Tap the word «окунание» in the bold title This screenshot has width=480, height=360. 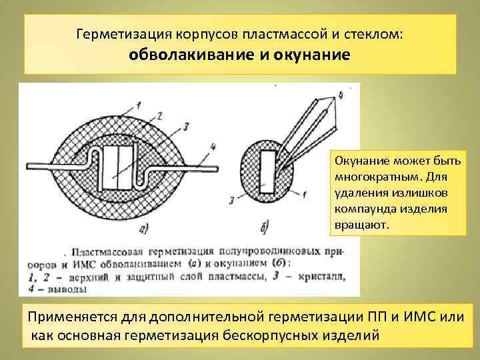(x=311, y=54)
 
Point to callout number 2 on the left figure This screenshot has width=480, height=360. (x=159, y=116)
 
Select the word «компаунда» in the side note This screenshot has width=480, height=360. (x=363, y=209)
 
